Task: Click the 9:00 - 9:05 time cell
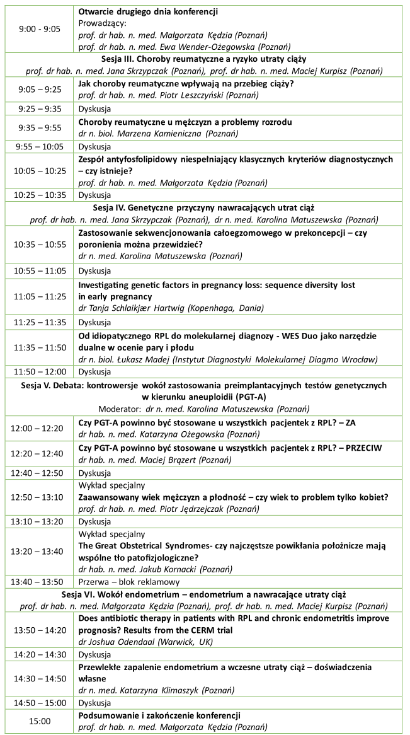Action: point(40,29)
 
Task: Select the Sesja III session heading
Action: point(204,60)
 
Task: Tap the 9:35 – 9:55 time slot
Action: point(40,127)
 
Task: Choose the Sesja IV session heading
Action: point(204,207)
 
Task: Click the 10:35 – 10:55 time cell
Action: point(40,245)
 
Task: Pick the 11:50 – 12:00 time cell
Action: point(40,371)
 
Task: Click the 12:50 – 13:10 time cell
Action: point(40,497)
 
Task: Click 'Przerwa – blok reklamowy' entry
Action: point(129,582)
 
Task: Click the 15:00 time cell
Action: point(40,721)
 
